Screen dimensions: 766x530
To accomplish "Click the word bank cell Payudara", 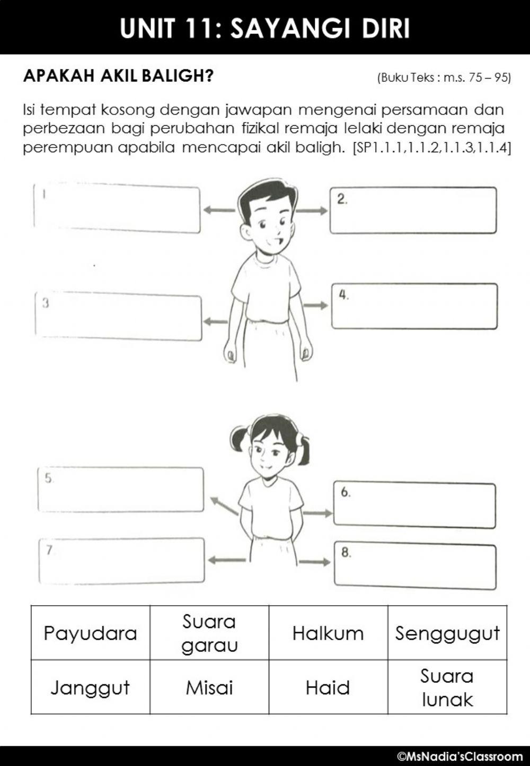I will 90,633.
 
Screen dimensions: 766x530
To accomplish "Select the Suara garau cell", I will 209,633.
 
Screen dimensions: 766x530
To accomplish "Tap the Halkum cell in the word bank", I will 328,633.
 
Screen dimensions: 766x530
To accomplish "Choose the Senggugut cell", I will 447,633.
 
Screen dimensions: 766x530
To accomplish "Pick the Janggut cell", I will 90,687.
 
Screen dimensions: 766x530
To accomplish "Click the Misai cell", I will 209,687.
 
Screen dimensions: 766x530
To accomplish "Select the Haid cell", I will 328,687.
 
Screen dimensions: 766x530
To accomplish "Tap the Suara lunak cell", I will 447,687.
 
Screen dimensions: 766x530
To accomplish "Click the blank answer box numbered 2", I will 413,211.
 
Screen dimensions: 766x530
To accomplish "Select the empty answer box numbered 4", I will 414,306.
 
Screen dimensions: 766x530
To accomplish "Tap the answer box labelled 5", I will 121,490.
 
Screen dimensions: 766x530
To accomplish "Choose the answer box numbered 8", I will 415,566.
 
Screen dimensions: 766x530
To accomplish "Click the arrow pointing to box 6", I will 317,513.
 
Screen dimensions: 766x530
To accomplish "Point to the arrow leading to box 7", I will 226,560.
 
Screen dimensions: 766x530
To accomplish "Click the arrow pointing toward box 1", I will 218,211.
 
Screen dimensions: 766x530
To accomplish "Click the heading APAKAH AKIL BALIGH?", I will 118,76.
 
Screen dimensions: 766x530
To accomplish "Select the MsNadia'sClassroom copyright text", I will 460,756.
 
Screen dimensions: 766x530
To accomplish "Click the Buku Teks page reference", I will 444,78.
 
